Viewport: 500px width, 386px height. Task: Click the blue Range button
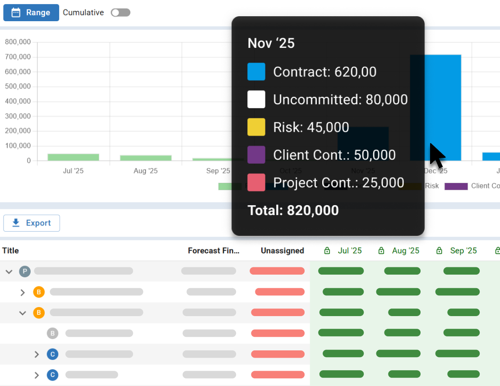tap(31, 13)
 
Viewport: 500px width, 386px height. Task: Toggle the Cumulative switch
tap(120, 13)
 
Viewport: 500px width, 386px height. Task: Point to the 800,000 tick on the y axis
tap(18, 42)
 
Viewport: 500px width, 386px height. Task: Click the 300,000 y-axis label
tap(18, 116)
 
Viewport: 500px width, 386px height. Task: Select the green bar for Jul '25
tap(73, 157)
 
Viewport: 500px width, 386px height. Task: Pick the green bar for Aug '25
tap(146, 158)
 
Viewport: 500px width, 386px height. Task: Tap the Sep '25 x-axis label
tap(218, 171)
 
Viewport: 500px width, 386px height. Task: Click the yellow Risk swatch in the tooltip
tap(256, 127)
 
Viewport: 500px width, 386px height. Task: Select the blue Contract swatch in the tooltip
tap(256, 72)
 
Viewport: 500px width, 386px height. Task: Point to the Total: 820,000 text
tap(293, 210)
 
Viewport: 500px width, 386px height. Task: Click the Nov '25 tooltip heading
tap(271, 43)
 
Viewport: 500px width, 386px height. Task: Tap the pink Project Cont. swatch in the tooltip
tap(256, 183)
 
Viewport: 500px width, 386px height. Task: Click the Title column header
tap(10, 251)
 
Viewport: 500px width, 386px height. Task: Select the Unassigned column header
tap(282, 251)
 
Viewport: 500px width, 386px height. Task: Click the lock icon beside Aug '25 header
tap(381, 251)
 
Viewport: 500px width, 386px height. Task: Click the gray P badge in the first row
tap(25, 271)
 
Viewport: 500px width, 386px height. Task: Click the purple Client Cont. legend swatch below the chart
tap(456, 186)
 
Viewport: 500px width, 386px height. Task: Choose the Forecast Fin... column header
tap(213, 251)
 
